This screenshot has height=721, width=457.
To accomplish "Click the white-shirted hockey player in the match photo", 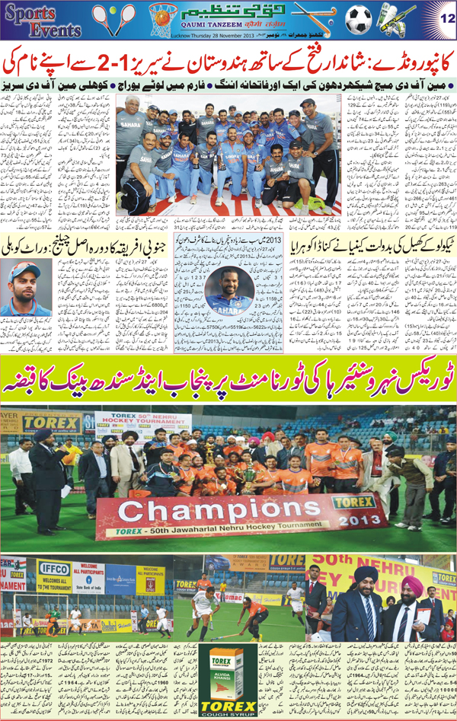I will pos(203,605).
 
